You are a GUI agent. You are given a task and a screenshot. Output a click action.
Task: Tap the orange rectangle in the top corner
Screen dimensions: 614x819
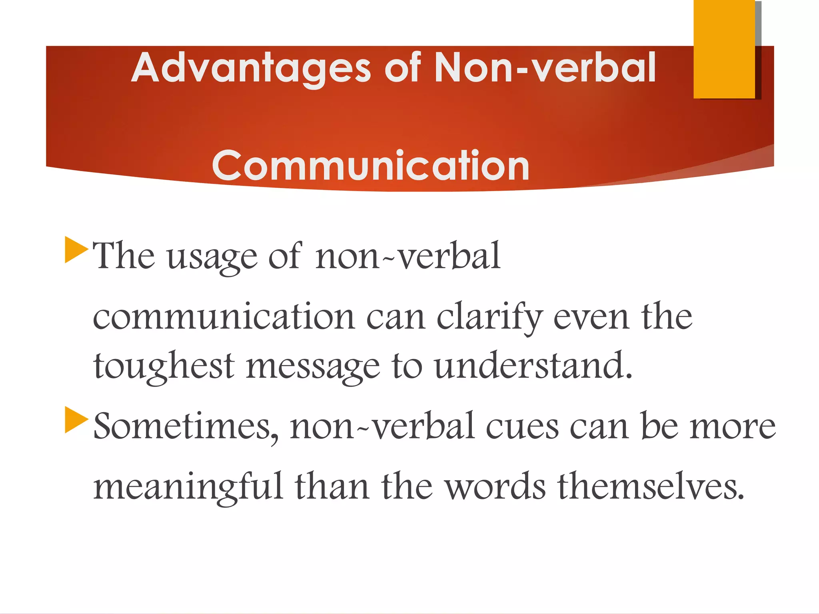click(x=724, y=49)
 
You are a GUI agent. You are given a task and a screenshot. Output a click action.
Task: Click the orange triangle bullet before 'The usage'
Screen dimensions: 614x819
click(x=76, y=250)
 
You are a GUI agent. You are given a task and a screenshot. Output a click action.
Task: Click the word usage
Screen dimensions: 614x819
click(x=212, y=257)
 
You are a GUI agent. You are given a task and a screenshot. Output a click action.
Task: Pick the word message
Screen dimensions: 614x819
click(x=313, y=367)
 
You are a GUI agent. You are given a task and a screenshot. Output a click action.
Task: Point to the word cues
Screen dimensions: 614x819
click(x=522, y=427)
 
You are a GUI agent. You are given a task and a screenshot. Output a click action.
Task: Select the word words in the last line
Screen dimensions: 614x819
click(x=495, y=486)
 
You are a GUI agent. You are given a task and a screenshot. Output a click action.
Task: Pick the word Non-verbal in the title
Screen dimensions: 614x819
click(x=545, y=68)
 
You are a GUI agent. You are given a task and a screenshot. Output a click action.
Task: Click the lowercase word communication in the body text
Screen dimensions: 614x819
click(x=224, y=317)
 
